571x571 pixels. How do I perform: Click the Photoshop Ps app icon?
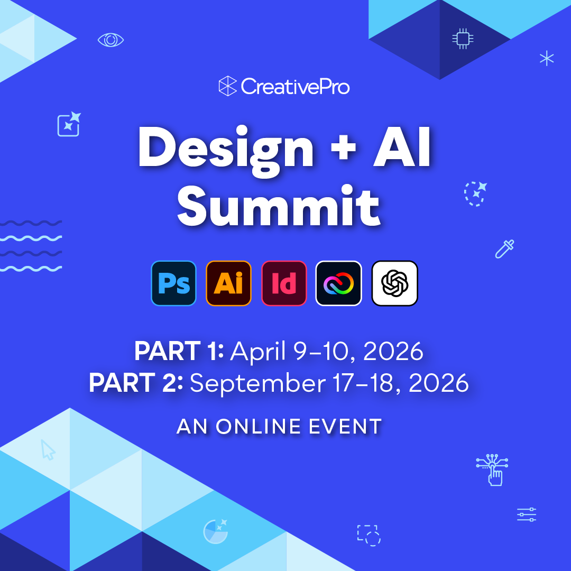coord(173,283)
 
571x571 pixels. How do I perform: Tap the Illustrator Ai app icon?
coord(228,283)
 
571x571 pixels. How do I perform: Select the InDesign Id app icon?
coord(284,283)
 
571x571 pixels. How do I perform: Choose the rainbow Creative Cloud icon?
coord(339,283)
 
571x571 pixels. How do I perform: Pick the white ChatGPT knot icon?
coord(394,283)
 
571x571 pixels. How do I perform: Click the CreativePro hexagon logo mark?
coord(228,86)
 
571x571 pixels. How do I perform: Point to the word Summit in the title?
coord(279,206)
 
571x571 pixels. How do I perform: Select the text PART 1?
coord(179,351)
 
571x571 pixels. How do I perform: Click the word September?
coord(258,383)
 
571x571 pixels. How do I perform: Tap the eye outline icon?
coord(111,40)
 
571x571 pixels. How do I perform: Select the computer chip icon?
coord(463,39)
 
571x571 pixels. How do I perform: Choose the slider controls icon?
coord(527,514)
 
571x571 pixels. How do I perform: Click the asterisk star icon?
coord(546,58)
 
